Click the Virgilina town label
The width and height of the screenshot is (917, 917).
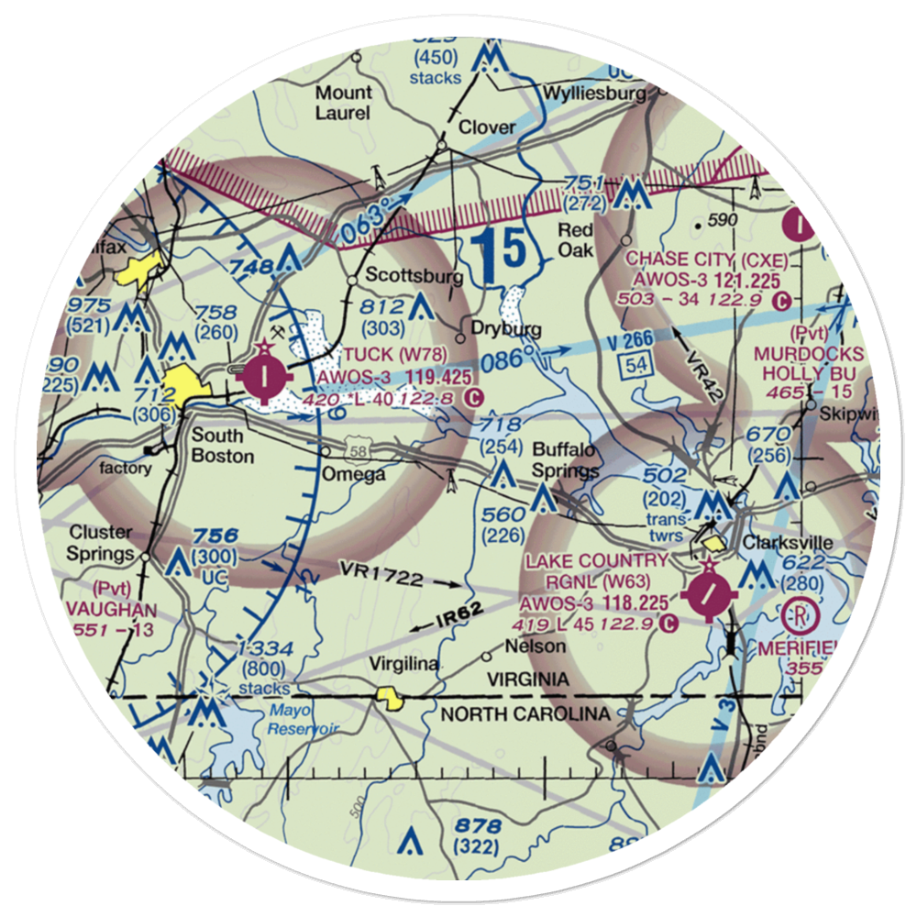[x=403, y=663]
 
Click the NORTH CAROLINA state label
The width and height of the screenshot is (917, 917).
[x=525, y=714]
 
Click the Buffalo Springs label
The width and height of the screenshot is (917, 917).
[x=566, y=460]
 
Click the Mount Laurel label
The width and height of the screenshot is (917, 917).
[x=343, y=103]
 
